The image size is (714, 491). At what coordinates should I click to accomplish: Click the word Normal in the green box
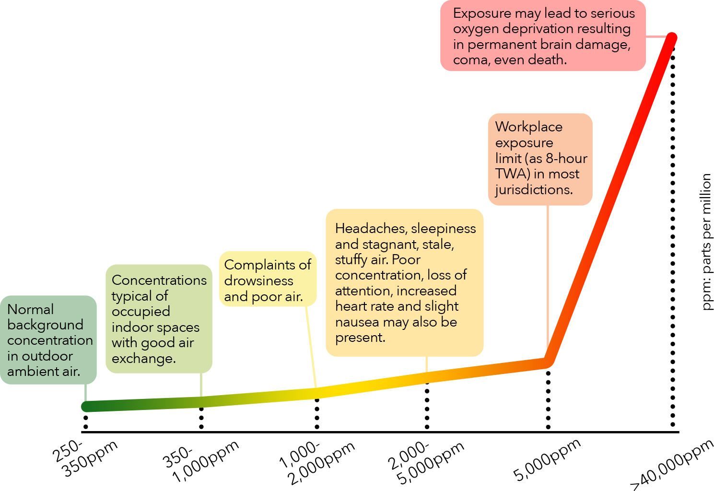pyautogui.click(x=31, y=309)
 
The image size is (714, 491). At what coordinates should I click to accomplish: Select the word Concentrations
pyautogui.click(x=159, y=280)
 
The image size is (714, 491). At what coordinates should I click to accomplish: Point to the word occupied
pyautogui.click(x=141, y=312)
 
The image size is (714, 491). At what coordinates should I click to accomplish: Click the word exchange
pyautogui.click(x=143, y=359)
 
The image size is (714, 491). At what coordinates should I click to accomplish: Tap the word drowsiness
pyautogui.click(x=258, y=281)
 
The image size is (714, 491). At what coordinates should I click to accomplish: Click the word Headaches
pyautogui.click(x=369, y=228)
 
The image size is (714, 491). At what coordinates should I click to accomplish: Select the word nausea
pyautogui.click(x=357, y=322)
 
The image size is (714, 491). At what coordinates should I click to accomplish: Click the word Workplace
pyautogui.click(x=529, y=127)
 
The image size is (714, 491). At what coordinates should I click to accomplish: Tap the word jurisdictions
pyautogui.click(x=534, y=190)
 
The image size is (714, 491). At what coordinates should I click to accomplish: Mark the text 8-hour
pyautogui.click(x=566, y=158)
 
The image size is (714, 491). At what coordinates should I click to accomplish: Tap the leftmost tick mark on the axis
pyautogui.click(x=86, y=421)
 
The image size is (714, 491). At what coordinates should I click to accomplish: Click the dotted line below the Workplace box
pyautogui.click(x=548, y=391)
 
